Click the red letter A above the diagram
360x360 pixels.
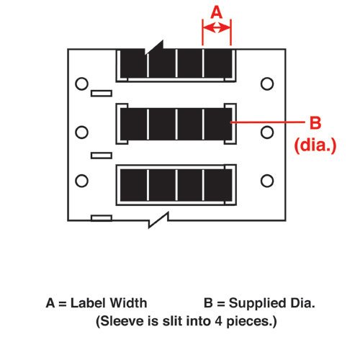(x=217, y=12)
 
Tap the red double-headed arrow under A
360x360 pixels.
(x=217, y=28)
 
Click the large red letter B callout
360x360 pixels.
(x=315, y=122)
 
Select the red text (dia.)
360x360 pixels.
(x=315, y=145)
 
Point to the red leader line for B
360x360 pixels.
(x=267, y=122)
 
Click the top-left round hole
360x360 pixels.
(x=81, y=84)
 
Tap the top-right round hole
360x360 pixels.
(x=267, y=84)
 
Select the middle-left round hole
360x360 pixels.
(x=81, y=132)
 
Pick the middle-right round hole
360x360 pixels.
(x=267, y=132)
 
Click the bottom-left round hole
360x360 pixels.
(x=81, y=181)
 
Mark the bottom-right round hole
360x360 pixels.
(x=267, y=181)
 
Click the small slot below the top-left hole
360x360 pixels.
(x=102, y=94)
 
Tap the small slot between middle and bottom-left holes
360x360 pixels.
(x=102, y=156)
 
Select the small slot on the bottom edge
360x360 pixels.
(x=102, y=218)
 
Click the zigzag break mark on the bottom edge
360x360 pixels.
(x=158, y=220)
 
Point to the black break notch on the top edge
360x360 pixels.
(x=155, y=47)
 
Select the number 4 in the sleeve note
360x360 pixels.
(x=218, y=321)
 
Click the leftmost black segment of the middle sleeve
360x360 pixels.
(x=133, y=124)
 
